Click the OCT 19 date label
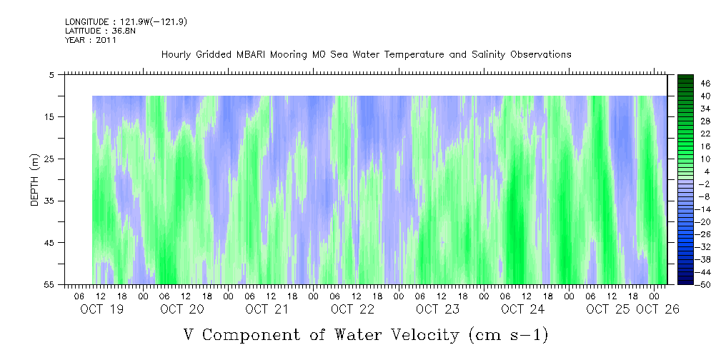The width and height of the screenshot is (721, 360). coord(101,309)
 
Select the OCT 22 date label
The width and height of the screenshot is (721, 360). coord(353,309)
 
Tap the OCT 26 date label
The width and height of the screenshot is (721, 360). coord(657,309)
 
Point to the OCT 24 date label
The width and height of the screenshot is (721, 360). coord(523,309)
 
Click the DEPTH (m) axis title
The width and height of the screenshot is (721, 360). coord(34,179)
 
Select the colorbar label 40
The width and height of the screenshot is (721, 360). coord(705,96)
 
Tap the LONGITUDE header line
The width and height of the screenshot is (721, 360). coord(126,21)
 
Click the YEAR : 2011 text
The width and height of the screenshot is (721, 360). coord(91,40)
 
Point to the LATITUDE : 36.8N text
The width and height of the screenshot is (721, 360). coord(100,31)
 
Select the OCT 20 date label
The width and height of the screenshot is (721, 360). coord(182,309)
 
